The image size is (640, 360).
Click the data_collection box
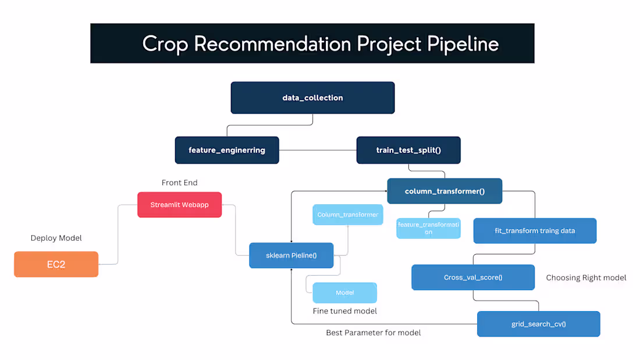(x=312, y=98)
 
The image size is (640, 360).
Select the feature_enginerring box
(x=227, y=150)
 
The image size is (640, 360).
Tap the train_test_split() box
(x=408, y=150)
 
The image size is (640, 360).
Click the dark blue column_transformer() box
(x=445, y=191)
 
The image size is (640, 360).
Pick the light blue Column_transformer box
(x=348, y=215)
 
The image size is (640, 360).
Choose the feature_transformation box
(x=428, y=228)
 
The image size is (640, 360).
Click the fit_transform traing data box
(x=535, y=231)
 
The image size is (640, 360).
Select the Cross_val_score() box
(x=472, y=277)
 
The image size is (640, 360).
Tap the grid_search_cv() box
(x=538, y=324)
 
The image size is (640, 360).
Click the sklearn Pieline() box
(x=291, y=255)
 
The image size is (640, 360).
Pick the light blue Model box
(x=344, y=293)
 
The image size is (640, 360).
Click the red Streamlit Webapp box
(x=179, y=205)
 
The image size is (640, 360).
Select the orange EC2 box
(x=56, y=264)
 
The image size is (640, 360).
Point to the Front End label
(x=179, y=183)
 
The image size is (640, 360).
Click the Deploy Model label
(x=56, y=238)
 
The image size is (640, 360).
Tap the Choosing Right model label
(x=586, y=277)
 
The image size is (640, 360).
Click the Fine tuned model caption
(x=344, y=311)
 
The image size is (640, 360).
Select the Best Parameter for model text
(x=373, y=333)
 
